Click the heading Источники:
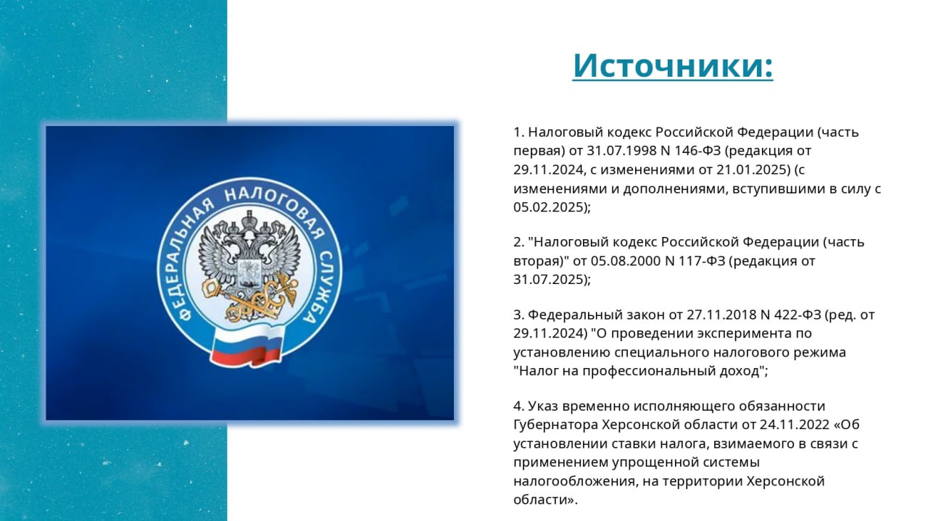pyautogui.click(x=673, y=65)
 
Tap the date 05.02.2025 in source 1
pyautogui.click(x=548, y=207)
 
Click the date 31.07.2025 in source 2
pyautogui.click(x=548, y=280)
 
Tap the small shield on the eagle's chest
pyautogui.click(x=249, y=272)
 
